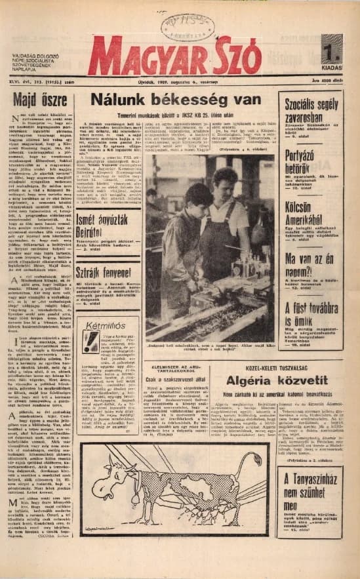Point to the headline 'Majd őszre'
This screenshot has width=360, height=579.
tap(41, 100)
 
